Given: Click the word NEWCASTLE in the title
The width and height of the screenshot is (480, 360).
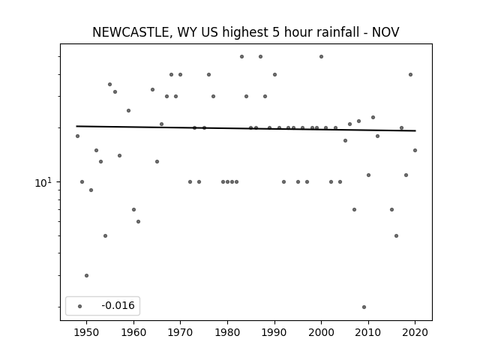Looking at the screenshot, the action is [130, 32].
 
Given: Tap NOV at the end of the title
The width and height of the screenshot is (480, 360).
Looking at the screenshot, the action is [385, 32].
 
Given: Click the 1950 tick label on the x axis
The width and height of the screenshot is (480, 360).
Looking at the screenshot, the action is [87, 332].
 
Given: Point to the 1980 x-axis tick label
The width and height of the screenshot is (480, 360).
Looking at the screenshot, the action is [227, 332].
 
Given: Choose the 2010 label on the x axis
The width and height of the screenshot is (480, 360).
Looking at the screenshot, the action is [368, 332].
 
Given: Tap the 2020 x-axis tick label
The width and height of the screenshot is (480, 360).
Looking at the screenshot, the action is [415, 332].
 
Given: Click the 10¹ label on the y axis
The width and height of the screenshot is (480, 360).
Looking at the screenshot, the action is [43, 183].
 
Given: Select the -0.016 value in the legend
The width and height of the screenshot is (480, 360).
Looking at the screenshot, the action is [118, 305].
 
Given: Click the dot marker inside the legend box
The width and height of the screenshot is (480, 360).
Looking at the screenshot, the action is [80, 306].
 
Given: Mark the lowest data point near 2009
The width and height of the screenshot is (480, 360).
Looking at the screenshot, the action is [364, 307].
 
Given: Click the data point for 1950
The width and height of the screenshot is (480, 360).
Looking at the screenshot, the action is [87, 275].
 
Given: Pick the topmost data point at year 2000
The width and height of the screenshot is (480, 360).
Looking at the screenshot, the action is [322, 57].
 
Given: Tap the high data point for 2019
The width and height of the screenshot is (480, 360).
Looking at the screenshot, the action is [410, 75].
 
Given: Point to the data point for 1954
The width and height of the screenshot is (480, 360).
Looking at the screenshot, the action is [105, 235].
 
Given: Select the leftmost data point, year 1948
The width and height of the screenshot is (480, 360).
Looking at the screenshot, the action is [77, 136].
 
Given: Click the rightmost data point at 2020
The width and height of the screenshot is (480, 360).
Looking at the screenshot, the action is [415, 150].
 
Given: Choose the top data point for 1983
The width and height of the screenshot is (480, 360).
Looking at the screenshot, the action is [241, 57].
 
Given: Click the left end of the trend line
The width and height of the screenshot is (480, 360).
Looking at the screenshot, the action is [76, 126].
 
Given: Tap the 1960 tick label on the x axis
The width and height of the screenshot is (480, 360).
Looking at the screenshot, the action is [133, 332].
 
